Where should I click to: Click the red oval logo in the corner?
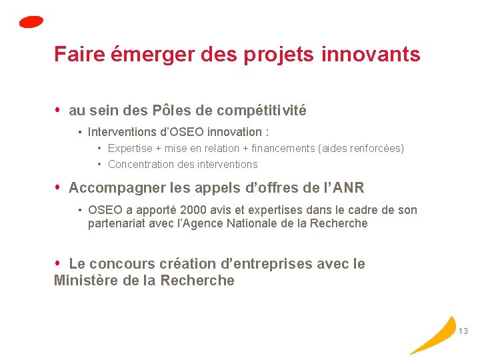[x=31, y=22]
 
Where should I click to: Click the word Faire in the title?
[x=70, y=54]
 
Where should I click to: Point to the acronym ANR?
[x=348, y=188]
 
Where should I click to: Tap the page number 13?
[x=464, y=331]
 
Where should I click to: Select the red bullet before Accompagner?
[x=58, y=187]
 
